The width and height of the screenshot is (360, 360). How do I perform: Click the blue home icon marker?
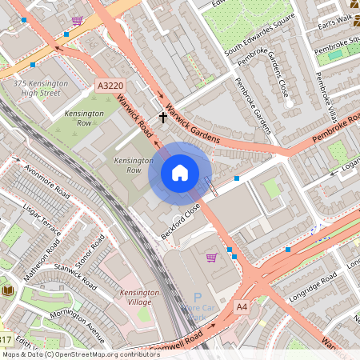[x=180, y=173]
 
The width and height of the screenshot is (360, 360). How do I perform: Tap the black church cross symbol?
[x=163, y=118]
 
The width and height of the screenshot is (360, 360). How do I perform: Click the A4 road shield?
[x=242, y=306]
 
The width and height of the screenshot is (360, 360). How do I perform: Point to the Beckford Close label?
[x=180, y=214]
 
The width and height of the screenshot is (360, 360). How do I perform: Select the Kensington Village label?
[x=140, y=298]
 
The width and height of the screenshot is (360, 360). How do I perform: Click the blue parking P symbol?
[x=198, y=297]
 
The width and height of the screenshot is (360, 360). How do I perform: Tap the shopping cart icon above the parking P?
[x=211, y=257]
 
